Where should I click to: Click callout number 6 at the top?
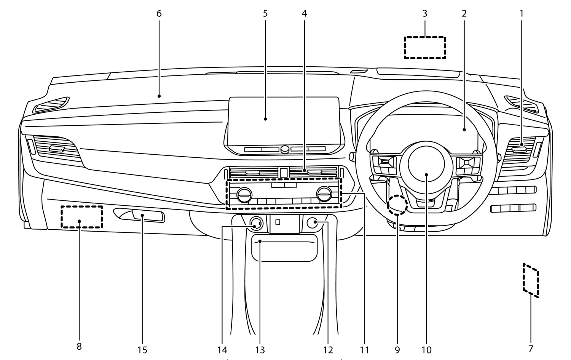[x=159, y=13]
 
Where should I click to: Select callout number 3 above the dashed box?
[x=425, y=13]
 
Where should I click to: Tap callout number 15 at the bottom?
[x=142, y=349]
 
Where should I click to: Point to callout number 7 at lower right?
[x=531, y=349]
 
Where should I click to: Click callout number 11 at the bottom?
[x=365, y=349]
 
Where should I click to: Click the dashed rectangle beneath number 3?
[x=425, y=48]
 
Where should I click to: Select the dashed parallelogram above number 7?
[x=531, y=280]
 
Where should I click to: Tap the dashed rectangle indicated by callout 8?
[x=81, y=217]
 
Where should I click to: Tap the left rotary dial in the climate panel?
[x=244, y=195]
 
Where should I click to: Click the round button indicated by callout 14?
[x=256, y=224]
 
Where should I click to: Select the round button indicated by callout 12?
[x=313, y=223]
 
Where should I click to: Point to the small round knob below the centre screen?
[x=285, y=149]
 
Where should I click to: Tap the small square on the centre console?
[x=278, y=222]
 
